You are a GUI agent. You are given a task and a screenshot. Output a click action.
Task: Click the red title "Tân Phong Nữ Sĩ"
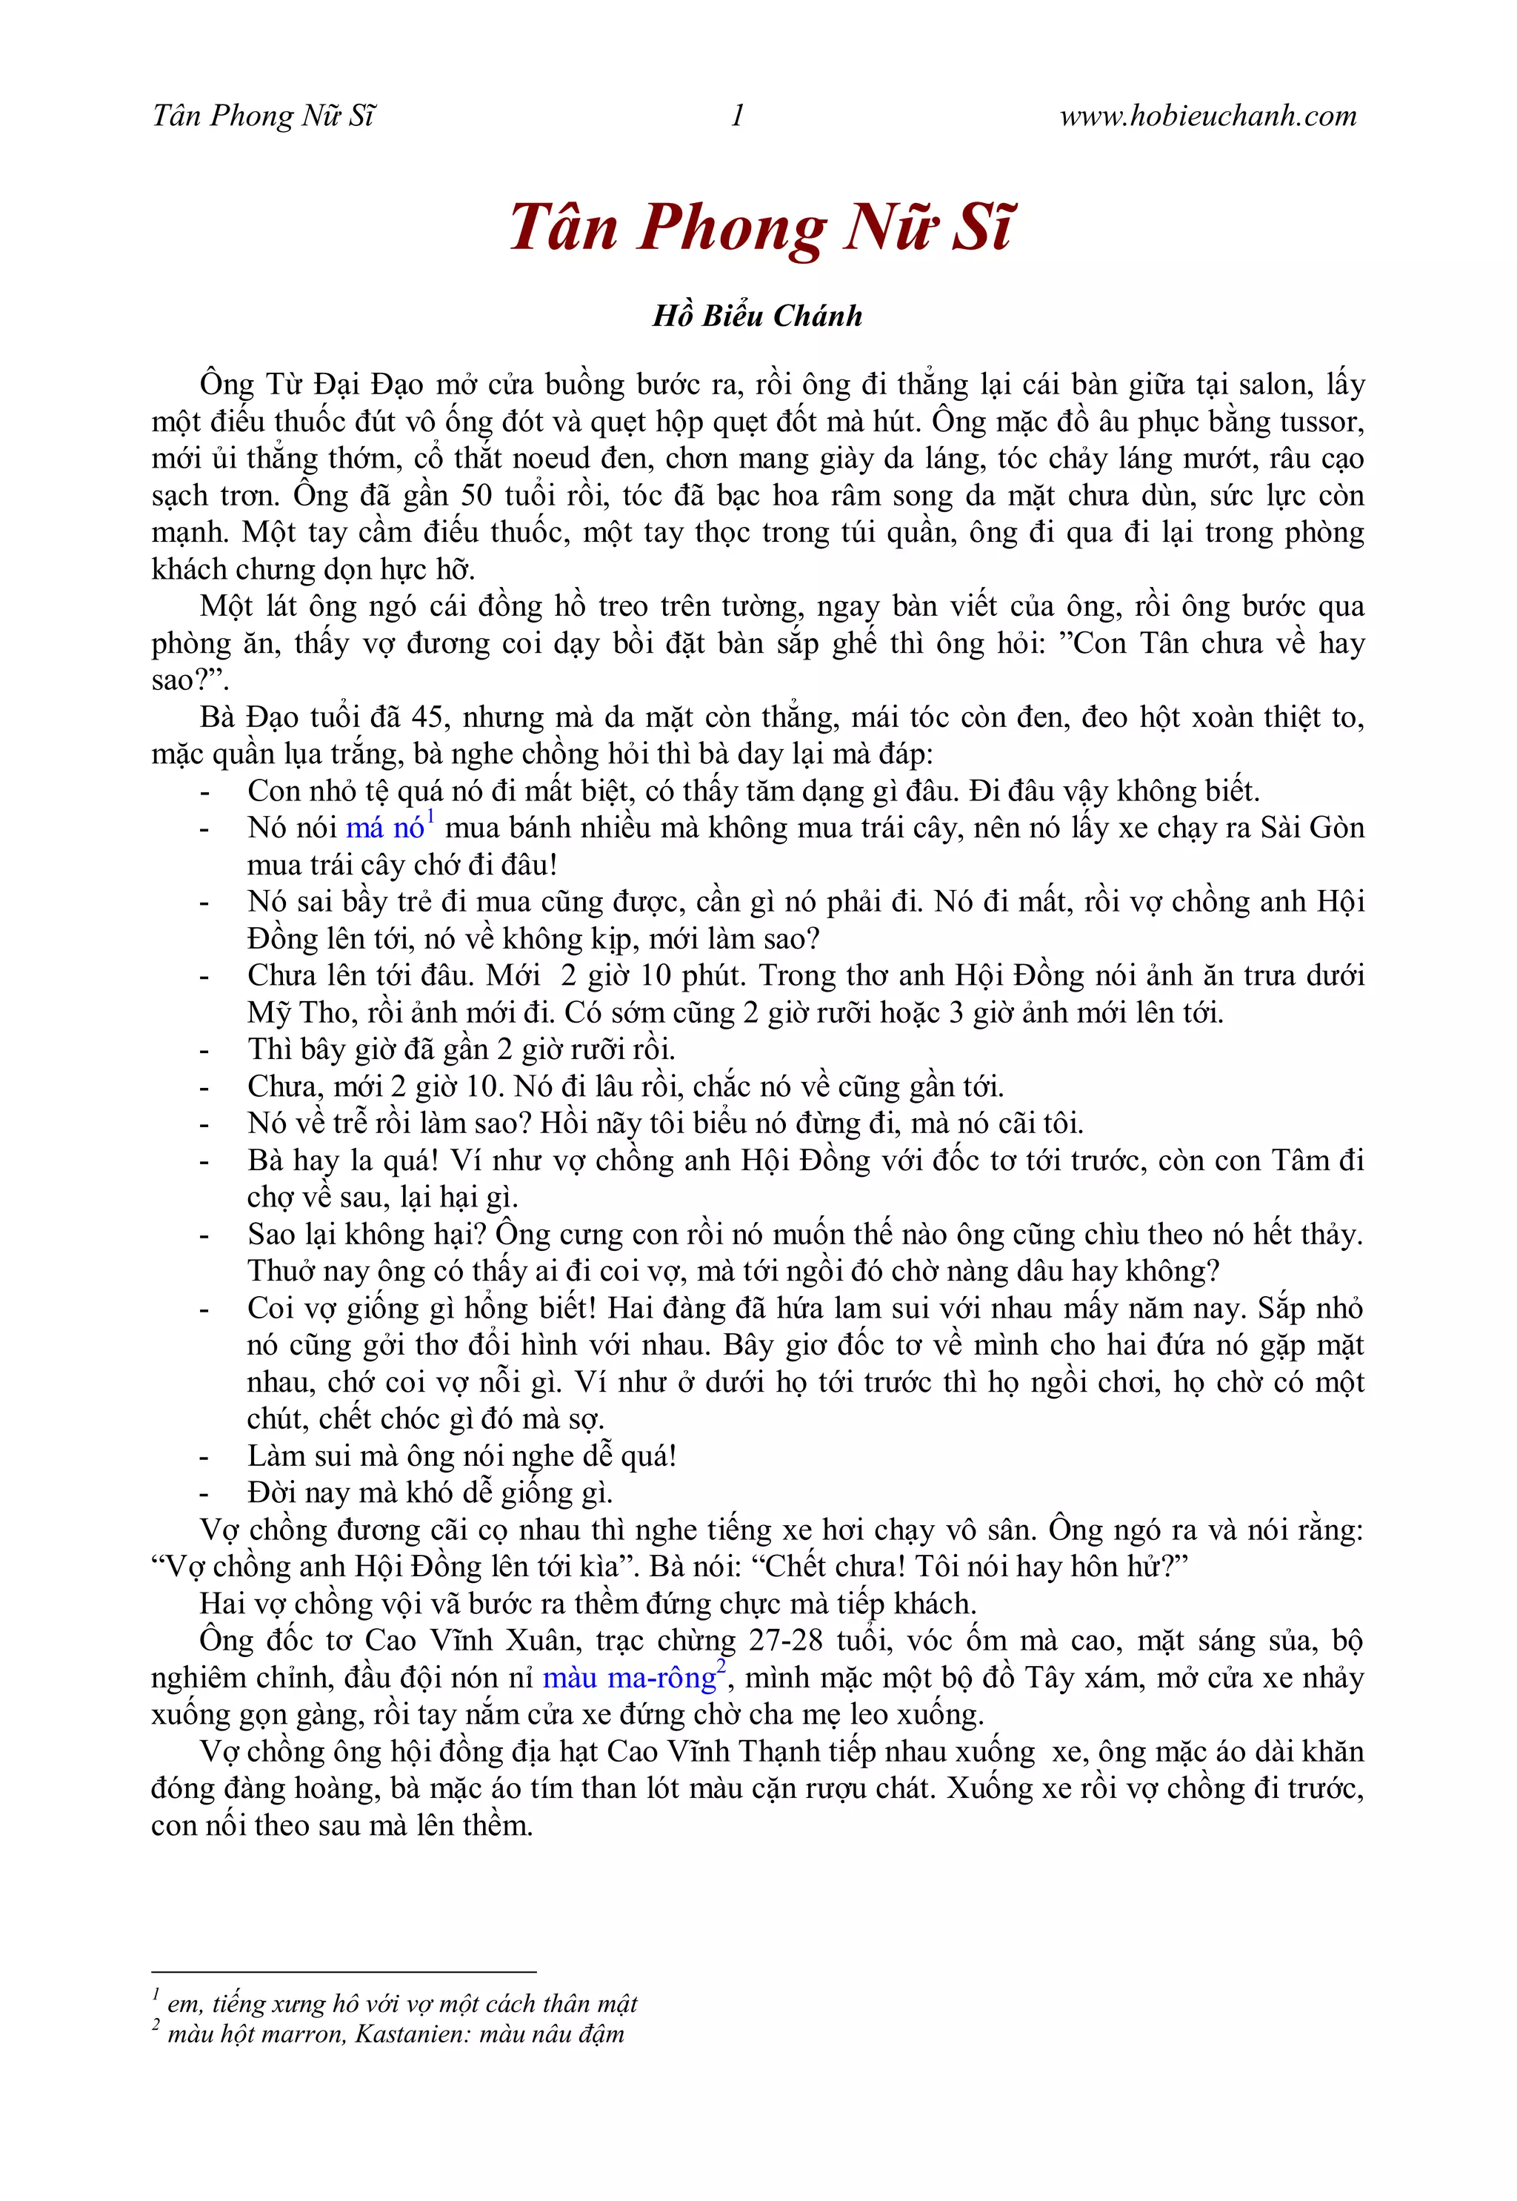(761, 228)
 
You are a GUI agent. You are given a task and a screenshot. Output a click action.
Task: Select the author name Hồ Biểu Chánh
(758, 316)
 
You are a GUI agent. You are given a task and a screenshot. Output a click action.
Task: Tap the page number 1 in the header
(738, 116)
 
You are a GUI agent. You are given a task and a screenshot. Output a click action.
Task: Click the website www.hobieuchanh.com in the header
(1208, 116)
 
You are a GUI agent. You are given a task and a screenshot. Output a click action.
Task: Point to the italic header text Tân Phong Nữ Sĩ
(263, 116)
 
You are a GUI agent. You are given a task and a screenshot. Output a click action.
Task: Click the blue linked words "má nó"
(385, 828)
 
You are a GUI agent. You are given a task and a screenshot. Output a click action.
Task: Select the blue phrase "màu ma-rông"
(629, 1677)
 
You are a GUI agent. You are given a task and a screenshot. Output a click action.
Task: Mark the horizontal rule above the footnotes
(344, 1973)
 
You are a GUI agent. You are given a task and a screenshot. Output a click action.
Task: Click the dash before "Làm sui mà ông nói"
(204, 1456)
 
